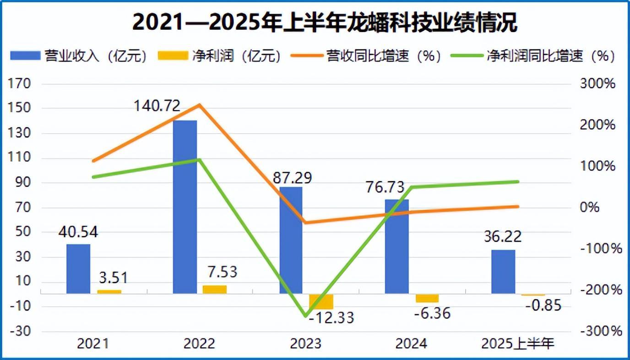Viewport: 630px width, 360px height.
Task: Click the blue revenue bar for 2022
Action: pyautogui.click(x=185, y=207)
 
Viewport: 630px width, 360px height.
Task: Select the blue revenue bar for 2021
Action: pyautogui.click(x=78, y=268)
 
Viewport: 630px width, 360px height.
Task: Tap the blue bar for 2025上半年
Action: pyautogui.click(x=503, y=271)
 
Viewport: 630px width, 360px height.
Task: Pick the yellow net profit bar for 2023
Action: pyautogui.click(x=321, y=301)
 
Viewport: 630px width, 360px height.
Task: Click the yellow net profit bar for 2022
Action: pyautogui.click(x=215, y=289)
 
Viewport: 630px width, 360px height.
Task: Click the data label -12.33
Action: pyautogui.click(x=331, y=317)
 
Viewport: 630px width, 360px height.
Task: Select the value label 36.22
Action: pyautogui.click(x=503, y=237)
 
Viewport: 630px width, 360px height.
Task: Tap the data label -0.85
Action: pyautogui.click(x=543, y=305)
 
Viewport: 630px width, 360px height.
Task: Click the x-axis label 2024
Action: pyautogui.click(x=411, y=344)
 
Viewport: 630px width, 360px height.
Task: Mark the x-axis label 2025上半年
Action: pyautogui.click(x=518, y=344)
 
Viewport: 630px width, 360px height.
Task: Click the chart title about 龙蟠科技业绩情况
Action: pyautogui.click(x=325, y=22)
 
